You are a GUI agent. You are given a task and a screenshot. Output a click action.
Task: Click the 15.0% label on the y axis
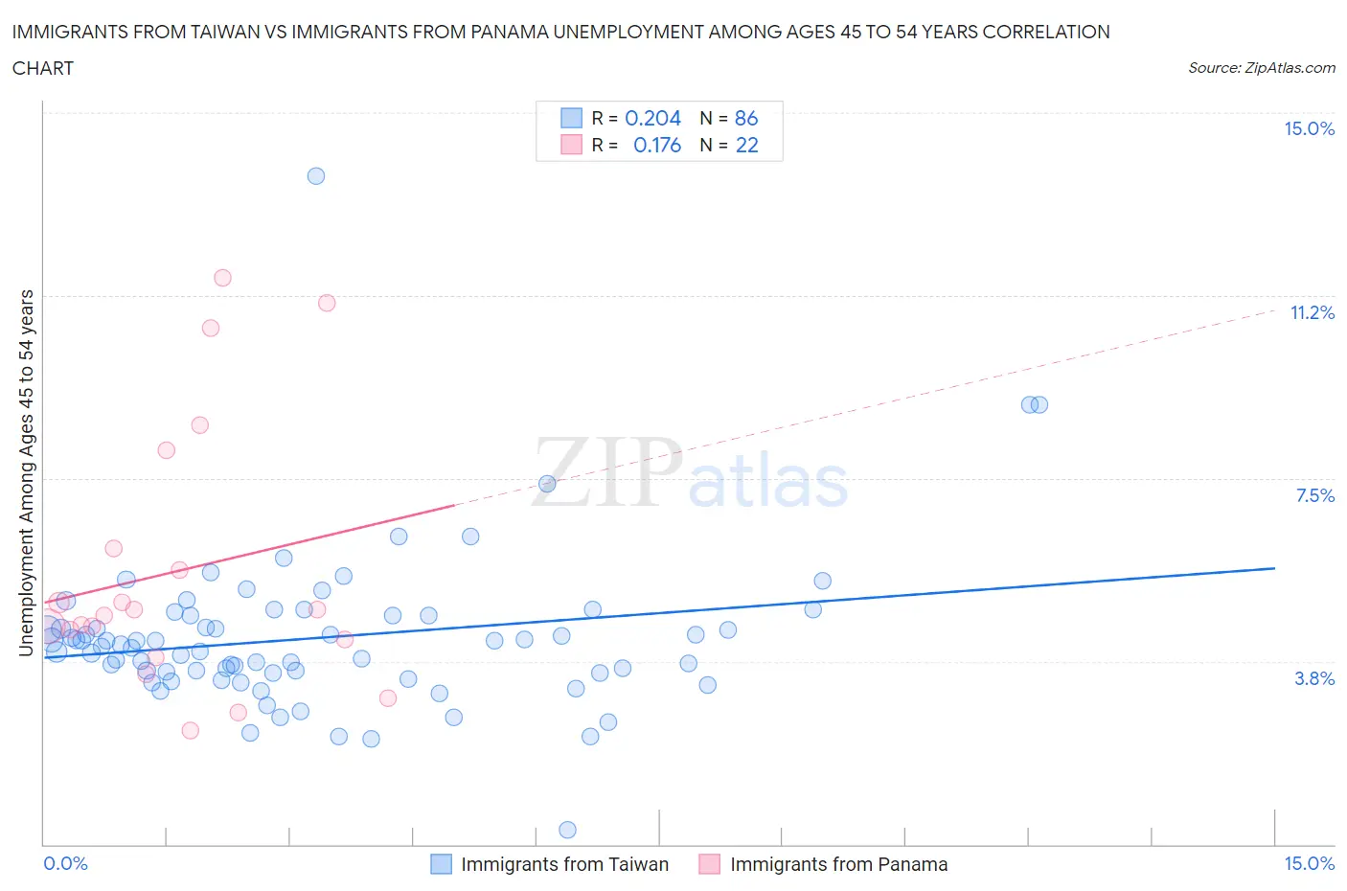[1309, 129]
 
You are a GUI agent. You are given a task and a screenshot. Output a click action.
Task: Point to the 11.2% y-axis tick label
[1312, 313]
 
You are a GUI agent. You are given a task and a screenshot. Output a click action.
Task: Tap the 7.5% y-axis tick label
[1314, 495]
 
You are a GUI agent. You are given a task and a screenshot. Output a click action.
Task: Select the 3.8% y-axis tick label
[1314, 678]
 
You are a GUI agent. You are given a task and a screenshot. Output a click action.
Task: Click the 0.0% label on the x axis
[65, 864]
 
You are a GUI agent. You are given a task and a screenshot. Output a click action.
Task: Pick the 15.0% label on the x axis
[1309, 864]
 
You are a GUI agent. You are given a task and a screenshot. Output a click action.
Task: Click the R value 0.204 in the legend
[652, 118]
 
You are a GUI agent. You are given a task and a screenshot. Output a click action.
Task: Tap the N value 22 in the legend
[746, 145]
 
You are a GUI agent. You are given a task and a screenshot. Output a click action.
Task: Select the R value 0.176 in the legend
[656, 145]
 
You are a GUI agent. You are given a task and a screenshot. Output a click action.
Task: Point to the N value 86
[745, 118]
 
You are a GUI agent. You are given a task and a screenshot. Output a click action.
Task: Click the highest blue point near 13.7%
[316, 176]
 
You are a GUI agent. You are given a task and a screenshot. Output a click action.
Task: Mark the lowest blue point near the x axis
[567, 830]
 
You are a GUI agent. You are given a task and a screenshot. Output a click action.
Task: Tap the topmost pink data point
[222, 278]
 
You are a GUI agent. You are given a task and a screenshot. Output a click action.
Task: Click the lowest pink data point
[190, 731]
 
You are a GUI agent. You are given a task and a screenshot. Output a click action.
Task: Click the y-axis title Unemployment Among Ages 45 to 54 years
[26, 472]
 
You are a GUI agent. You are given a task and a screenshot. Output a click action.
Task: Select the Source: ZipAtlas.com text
[1261, 68]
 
